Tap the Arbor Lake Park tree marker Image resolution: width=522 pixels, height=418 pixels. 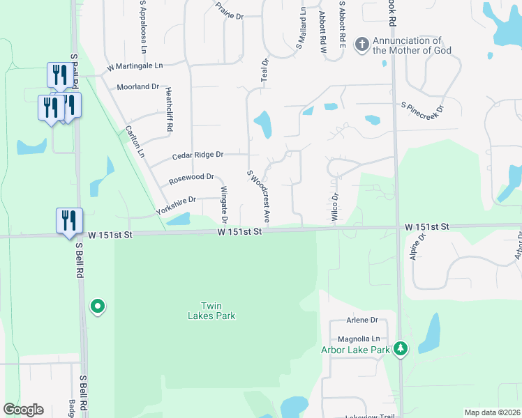(401, 348)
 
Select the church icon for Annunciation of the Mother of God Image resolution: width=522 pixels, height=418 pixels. (361, 45)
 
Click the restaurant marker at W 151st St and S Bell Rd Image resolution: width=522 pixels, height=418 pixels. (69, 221)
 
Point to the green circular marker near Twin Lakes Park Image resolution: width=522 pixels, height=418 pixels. (98, 306)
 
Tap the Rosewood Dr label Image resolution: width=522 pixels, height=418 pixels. (191, 178)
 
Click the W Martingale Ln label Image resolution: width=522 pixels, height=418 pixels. (135, 66)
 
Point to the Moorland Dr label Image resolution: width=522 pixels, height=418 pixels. (138, 87)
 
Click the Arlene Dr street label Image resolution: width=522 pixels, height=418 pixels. (361, 320)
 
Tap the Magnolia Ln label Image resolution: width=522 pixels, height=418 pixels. (361, 338)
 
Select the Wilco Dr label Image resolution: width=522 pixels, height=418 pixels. (335, 207)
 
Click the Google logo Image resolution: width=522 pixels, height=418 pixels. (23, 410)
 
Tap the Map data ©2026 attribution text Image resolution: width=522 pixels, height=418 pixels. (491, 412)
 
